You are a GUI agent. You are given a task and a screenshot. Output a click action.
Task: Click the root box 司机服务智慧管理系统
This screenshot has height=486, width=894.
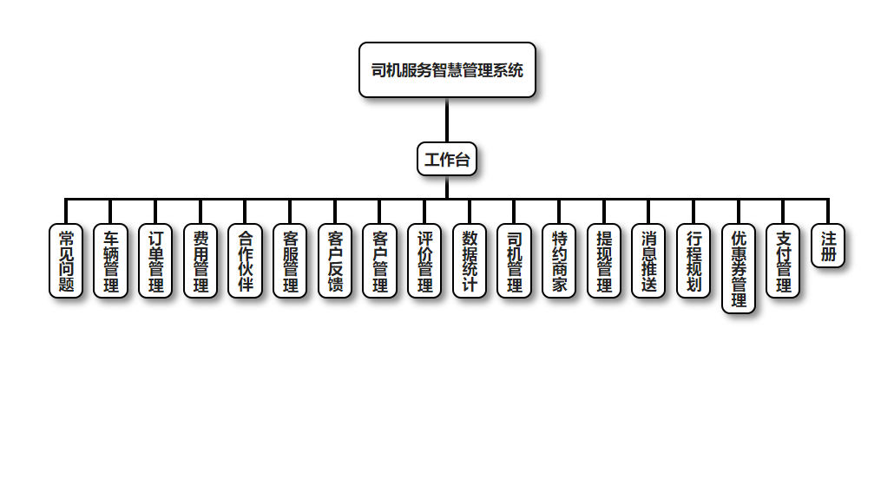tap(447, 70)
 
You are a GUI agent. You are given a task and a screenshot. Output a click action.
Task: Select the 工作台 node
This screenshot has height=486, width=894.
tap(447, 159)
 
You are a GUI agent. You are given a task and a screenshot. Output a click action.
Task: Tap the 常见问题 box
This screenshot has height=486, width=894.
tap(66, 260)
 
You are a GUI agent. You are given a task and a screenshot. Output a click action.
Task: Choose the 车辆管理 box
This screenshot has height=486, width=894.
tap(111, 260)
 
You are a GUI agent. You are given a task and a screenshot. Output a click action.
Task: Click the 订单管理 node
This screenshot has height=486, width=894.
tap(156, 260)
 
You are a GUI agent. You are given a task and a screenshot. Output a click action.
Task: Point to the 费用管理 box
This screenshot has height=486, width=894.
tap(200, 260)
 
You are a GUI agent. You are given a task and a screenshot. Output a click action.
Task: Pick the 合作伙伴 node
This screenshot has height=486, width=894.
tap(246, 260)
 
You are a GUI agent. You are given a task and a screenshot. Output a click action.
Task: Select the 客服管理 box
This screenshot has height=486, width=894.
tap(291, 260)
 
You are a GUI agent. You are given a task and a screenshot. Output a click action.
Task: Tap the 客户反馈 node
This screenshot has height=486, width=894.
tap(335, 260)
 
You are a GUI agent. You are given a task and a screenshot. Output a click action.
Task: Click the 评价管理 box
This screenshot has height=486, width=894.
tap(425, 260)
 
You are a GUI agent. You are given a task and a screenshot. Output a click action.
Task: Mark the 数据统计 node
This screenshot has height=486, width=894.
tap(470, 260)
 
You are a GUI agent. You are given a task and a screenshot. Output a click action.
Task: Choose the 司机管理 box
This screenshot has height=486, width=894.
tap(515, 260)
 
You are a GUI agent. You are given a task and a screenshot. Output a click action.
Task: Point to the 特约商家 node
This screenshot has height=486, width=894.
tap(560, 260)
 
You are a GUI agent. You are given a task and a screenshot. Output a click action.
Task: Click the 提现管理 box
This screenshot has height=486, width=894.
tap(604, 260)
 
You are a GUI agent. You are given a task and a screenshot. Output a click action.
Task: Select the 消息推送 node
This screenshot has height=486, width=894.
tap(649, 260)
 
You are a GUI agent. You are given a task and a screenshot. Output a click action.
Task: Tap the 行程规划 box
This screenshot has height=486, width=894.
tap(694, 260)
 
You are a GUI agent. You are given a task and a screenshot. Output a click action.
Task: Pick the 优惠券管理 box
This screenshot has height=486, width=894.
tap(739, 268)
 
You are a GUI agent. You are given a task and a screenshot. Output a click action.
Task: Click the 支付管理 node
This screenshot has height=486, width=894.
tap(784, 260)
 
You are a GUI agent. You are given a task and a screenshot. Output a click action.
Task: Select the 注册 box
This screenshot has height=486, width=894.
tap(828, 246)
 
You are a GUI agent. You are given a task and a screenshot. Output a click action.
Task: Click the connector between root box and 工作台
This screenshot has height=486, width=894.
tap(447, 120)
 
